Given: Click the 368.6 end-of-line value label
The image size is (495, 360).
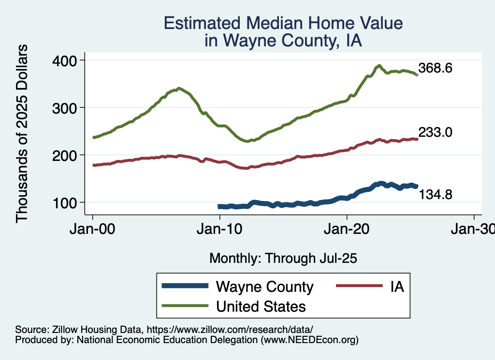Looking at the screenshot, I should coord(435,68).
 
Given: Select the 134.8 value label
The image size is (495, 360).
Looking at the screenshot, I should coord(435,195).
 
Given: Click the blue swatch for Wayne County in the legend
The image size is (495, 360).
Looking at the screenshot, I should coord(186,287).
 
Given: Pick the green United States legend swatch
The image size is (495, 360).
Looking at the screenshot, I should coord(186,306).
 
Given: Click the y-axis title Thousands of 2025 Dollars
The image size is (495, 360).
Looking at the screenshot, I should coord(22,133).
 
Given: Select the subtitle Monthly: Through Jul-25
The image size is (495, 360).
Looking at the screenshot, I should coord(283,258).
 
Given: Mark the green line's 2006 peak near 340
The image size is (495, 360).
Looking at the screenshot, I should coord(179,88).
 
